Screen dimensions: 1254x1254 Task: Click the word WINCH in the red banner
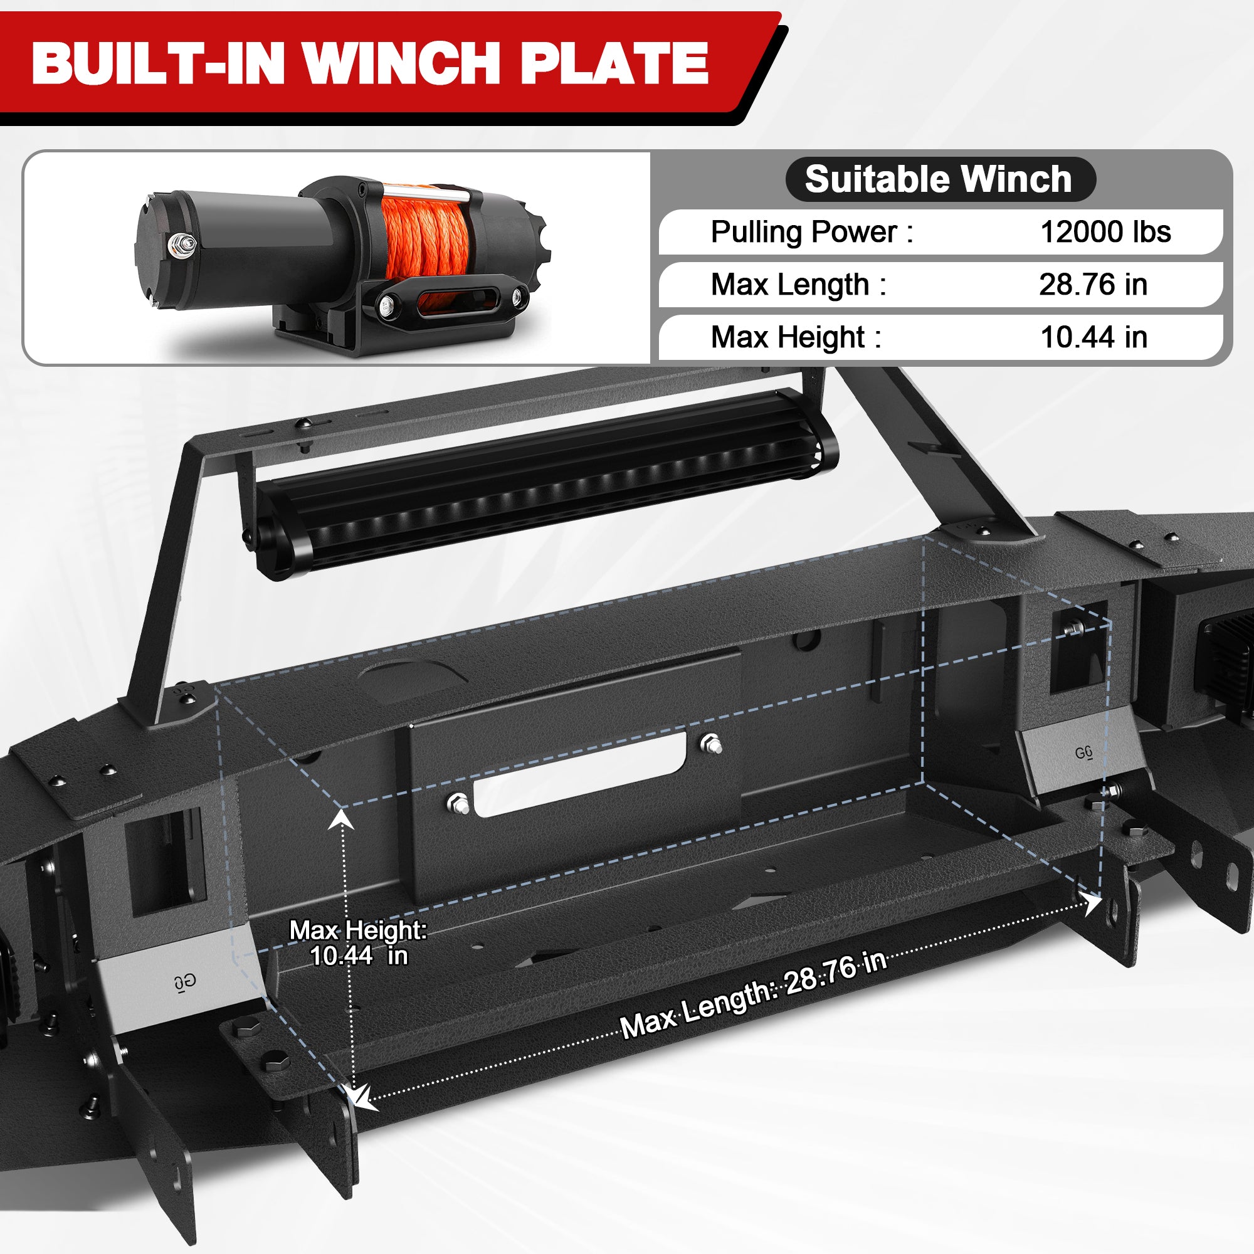click(x=407, y=63)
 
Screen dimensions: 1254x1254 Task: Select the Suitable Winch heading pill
click(x=940, y=179)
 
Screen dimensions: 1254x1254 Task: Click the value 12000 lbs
click(x=1105, y=233)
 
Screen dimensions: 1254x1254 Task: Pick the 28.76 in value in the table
click(x=1093, y=285)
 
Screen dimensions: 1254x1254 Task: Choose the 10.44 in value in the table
click(x=1093, y=337)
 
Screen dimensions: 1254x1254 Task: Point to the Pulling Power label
click(x=811, y=233)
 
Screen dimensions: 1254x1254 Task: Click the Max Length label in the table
click(x=798, y=285)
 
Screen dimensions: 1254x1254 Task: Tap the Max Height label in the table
click(x=796, y=337)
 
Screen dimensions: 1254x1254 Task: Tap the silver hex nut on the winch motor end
click(x=181, y=244)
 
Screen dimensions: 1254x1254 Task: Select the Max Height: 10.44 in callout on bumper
click(x=358, y=942)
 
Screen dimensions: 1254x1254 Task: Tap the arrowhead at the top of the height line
click(x=340, y=819)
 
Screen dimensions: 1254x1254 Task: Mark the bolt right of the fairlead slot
click(x=712, y=744)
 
